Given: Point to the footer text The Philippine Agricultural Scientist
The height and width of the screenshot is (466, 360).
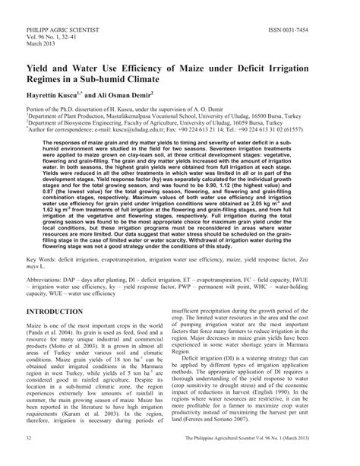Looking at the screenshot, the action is click(237, 460).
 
